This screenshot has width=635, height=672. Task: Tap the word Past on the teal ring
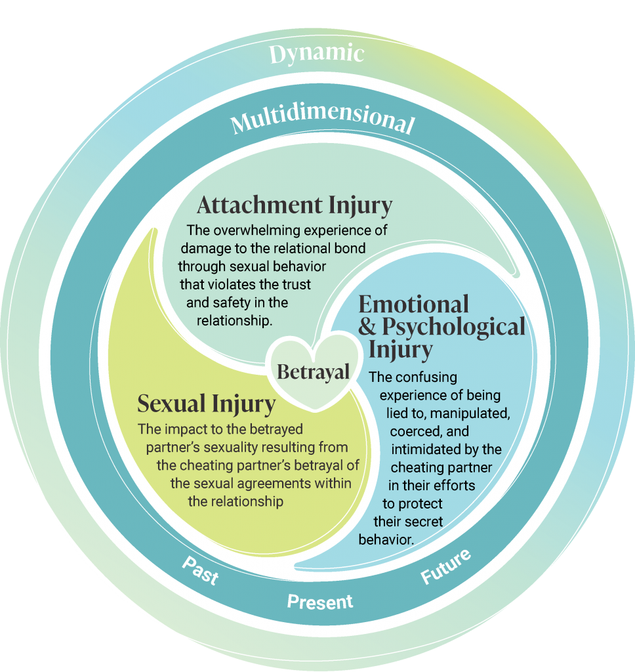[x=199, y=572]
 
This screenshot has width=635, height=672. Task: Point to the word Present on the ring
[x=320, y=601]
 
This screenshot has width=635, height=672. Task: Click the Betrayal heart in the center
[x=313, y=371]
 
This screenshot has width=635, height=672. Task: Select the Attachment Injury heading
[x=294, y=205]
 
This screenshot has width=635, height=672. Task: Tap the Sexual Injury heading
[x=206, y=404]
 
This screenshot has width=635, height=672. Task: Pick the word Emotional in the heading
[x=414, y=304]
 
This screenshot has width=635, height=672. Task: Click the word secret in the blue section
[x=422, y=522]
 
